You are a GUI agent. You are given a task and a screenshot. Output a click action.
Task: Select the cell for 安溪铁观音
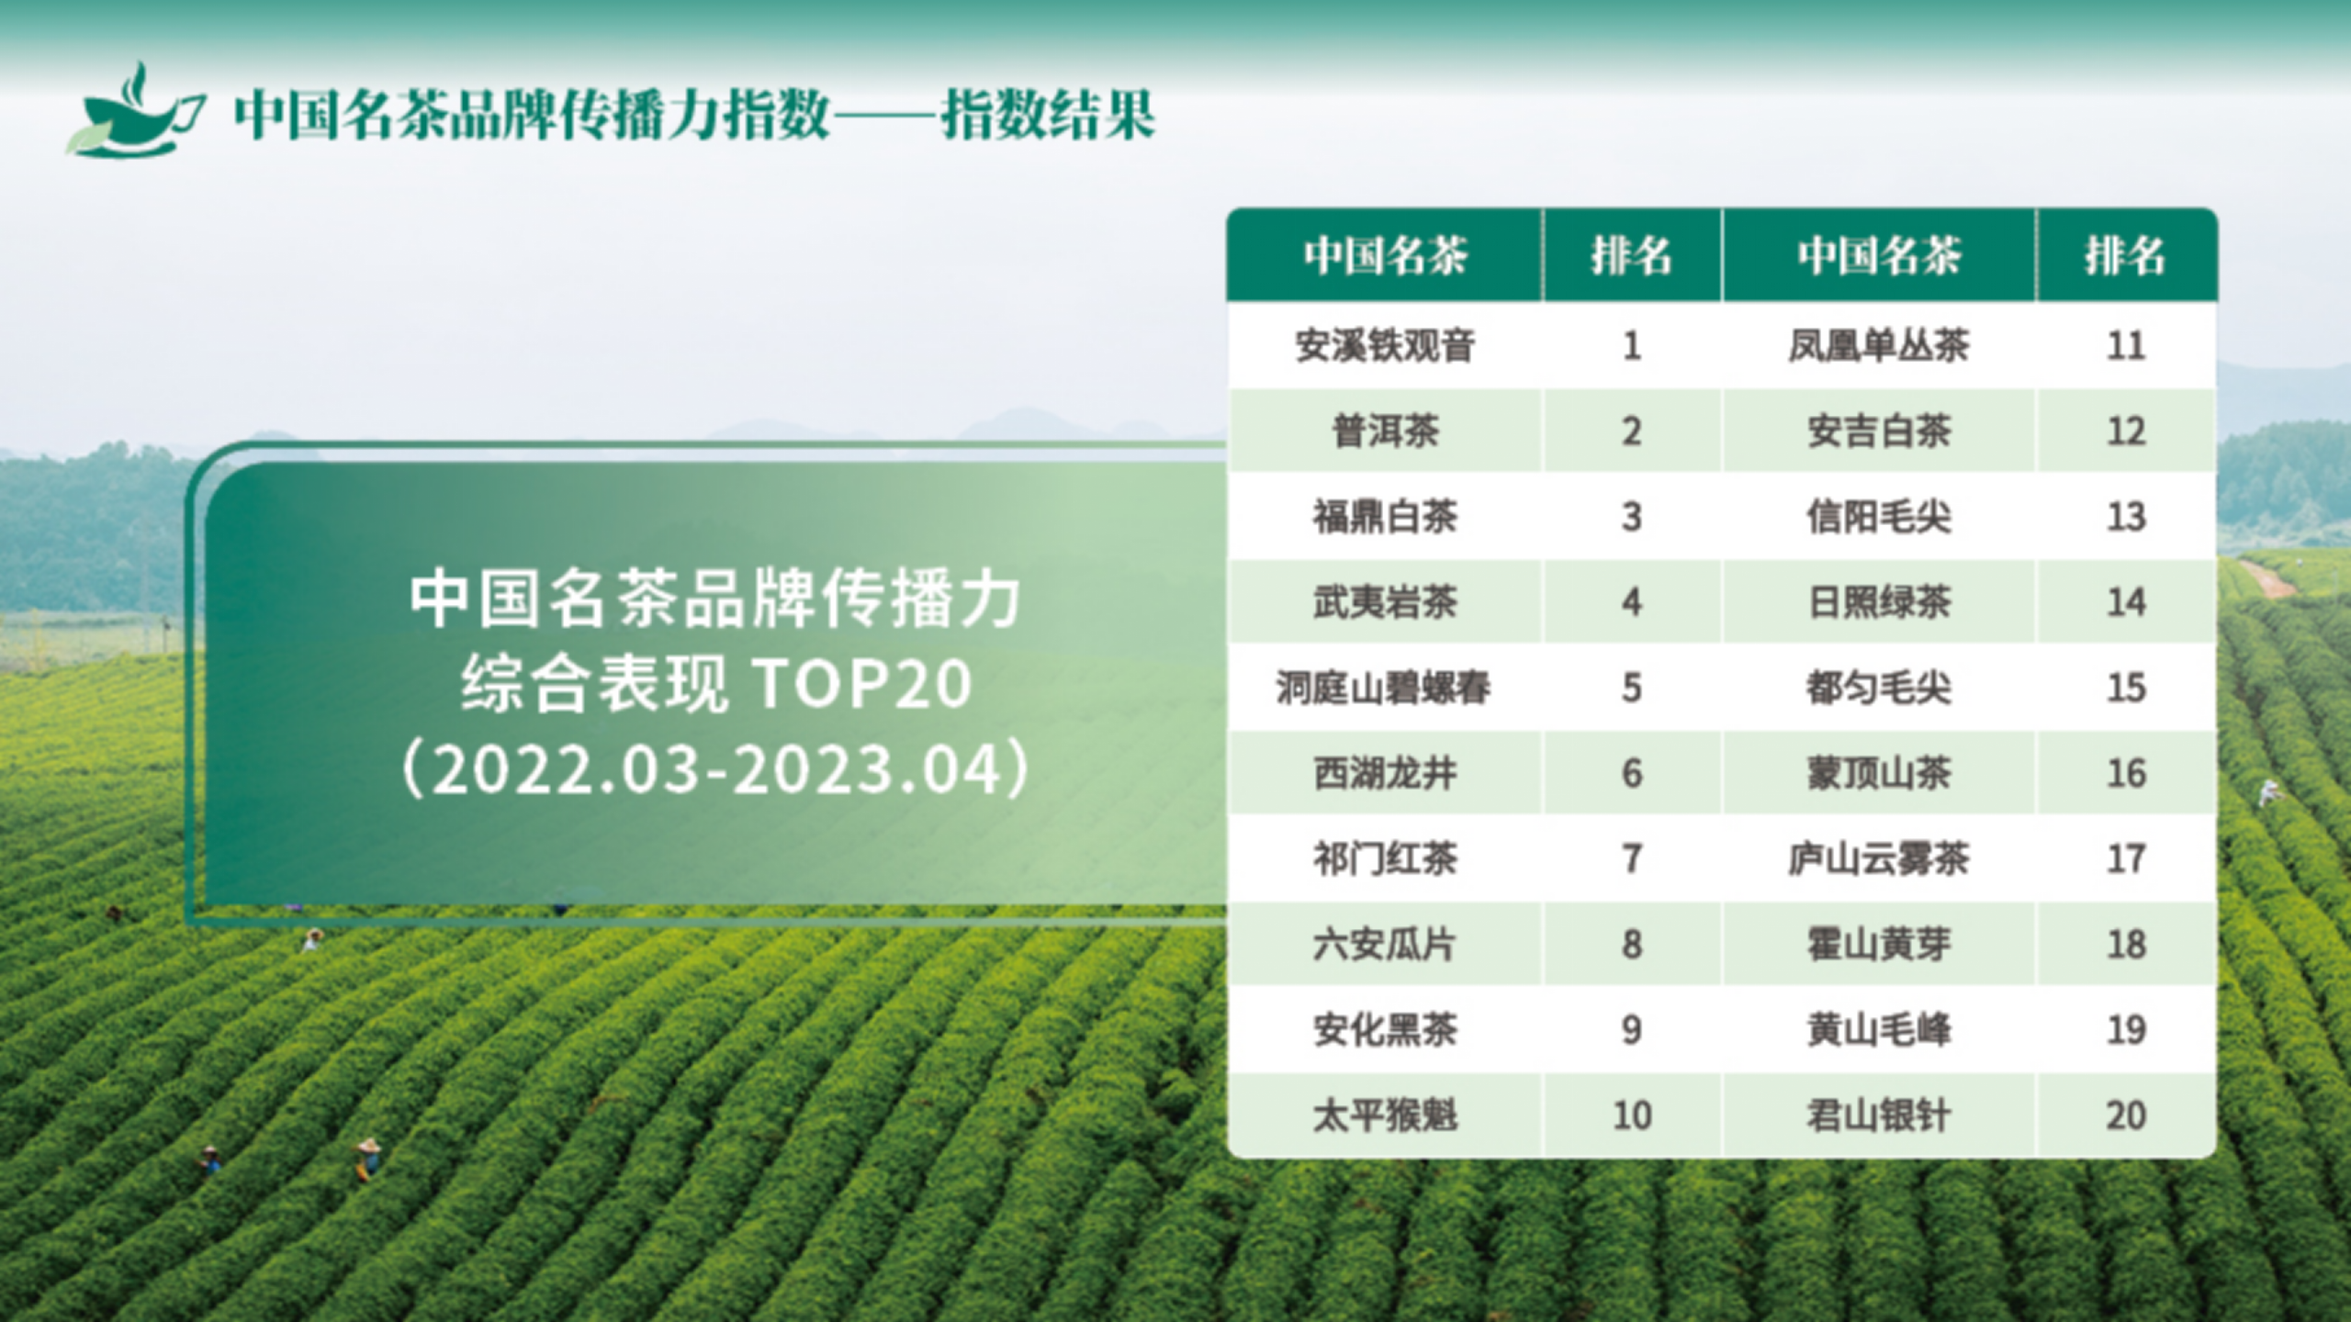(x=1384, y=346)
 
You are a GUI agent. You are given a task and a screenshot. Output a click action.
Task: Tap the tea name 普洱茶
(x=1384, y=431)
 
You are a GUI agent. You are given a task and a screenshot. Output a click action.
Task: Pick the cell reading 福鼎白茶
(x=1384, y=517)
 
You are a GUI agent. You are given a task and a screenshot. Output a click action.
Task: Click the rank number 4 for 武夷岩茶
(x=1631, y=602)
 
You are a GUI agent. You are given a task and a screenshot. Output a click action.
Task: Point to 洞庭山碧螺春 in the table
(x=1384, y=688)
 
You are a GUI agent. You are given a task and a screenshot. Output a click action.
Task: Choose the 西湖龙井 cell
(x=1384, y=773)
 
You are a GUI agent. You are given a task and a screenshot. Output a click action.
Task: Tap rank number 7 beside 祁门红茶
(x=1631, y=858)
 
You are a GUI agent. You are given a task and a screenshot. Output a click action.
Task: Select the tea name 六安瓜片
(x=1384, y=944)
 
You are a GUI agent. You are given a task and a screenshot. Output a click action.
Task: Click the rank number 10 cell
(x=1631, y=1115)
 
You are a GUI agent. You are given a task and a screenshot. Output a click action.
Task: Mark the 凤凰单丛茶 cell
(x=1878, y=346)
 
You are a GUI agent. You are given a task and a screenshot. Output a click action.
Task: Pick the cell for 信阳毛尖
(x=1878, y=517)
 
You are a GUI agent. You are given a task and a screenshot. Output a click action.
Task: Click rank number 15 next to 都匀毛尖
(x=2125, y=688)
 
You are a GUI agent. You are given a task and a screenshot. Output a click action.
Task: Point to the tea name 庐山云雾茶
(x=1878, y=858)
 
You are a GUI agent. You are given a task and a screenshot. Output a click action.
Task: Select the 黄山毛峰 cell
(x=1878, y=1030)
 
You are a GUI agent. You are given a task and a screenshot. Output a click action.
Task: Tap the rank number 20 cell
(x=2125, y=1115)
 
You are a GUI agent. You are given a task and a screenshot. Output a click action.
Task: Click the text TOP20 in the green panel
(x=861, y=684)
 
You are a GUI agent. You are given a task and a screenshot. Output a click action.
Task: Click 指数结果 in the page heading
(x=1047, y=116)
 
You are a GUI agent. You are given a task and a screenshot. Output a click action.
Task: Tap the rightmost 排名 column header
(x=2125, y=255)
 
